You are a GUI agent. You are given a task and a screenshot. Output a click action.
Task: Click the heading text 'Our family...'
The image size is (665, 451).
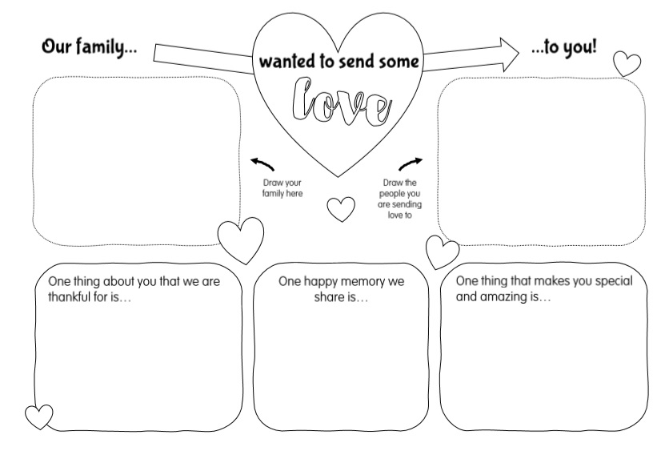[90, 46]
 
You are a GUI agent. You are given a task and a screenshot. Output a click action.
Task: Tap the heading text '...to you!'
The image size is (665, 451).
[563, 46]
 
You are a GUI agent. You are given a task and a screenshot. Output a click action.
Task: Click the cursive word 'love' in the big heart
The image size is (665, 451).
[341, 103]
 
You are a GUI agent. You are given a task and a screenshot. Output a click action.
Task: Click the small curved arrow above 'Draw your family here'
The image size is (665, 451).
[262, 164]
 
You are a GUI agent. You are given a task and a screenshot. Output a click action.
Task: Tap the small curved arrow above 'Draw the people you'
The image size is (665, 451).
[411, 163]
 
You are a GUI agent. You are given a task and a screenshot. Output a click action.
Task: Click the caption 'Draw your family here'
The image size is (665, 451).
[282, 188]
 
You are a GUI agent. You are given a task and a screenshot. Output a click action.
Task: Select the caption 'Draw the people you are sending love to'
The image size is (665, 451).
[399, 199]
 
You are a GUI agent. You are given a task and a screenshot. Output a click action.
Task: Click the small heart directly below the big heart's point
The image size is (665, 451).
[341, 209]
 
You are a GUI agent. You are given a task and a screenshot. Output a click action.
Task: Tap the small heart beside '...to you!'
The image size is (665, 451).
[627, 63]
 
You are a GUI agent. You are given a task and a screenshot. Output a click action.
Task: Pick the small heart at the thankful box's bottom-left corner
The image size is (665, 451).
[39, 417]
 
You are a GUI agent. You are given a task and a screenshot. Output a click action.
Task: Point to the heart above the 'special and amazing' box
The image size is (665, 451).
[442, 252]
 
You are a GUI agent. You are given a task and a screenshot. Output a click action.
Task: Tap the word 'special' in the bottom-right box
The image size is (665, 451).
[614, 281]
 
